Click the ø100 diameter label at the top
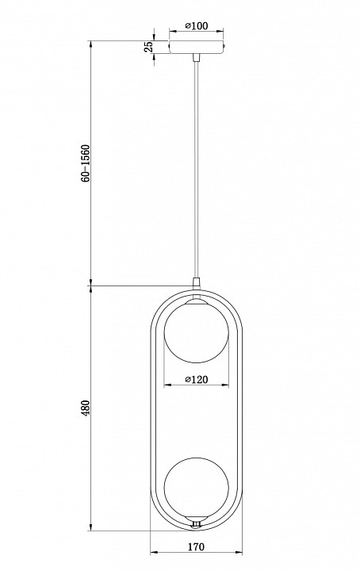196,26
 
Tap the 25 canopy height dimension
148,48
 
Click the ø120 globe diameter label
196,380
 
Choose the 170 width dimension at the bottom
196,546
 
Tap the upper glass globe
196,333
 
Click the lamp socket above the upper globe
196,299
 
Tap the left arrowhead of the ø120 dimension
166,385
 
